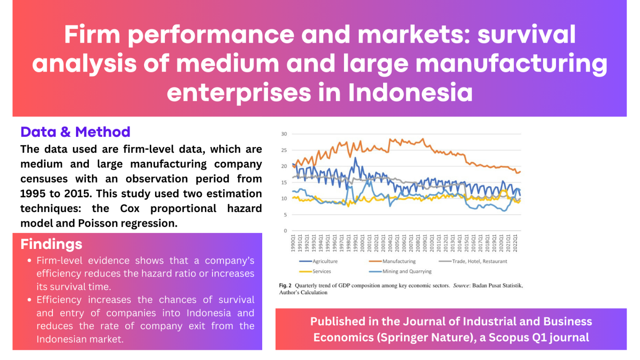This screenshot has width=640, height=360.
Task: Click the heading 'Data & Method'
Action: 75,132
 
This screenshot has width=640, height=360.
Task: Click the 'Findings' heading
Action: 51,244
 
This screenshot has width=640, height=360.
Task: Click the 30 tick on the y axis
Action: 284,134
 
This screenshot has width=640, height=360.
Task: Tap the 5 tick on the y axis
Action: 285,215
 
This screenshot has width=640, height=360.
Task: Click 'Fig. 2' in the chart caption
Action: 285,286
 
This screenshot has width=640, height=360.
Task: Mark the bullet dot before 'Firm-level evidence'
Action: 29,261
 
